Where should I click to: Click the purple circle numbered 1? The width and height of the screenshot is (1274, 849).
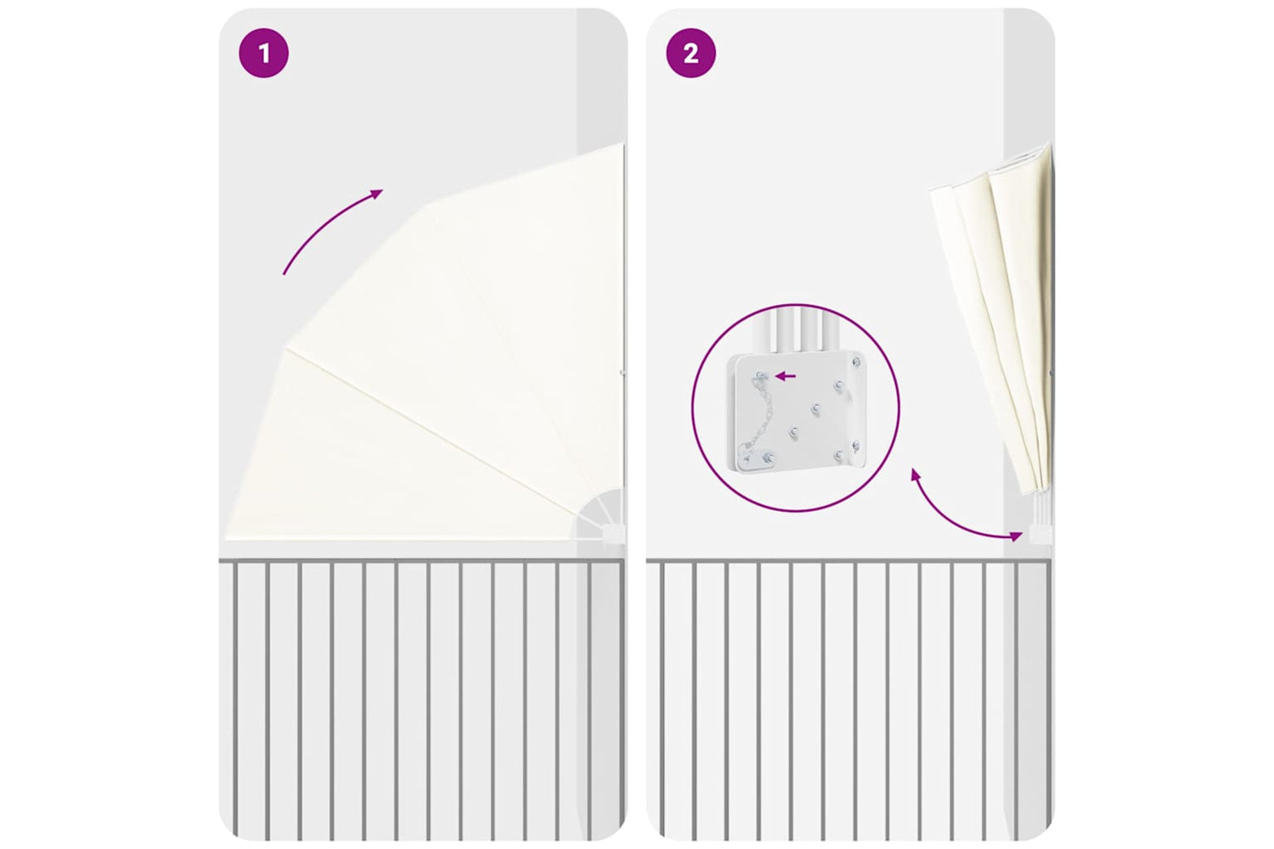click(x=263, y=53)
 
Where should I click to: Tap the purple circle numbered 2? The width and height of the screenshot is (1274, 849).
click(x=691, y=53)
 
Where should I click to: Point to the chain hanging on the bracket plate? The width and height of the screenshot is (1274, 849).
click(x=752, y=418)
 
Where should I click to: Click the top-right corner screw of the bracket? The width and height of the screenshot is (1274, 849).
click(x=856, y=362)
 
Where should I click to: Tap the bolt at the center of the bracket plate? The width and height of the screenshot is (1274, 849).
click(x=816, y=408)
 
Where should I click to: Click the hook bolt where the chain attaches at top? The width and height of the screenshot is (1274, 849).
click(x=761, y=375)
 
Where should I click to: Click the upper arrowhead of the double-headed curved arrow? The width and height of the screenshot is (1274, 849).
click(x=915, y=474)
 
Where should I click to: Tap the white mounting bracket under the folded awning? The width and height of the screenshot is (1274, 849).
click(x=1039, y=533)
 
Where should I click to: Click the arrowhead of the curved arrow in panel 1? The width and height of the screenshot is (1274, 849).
click(x=377, y=194)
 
